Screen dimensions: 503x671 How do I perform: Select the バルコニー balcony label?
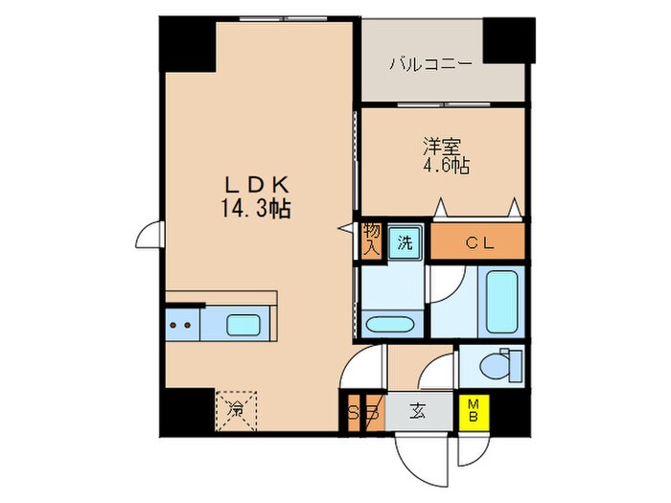430,65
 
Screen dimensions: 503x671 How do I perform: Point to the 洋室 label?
442,147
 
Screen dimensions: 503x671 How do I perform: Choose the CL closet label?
478,243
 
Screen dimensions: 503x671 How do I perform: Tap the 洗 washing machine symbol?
405,242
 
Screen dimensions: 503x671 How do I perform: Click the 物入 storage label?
371,239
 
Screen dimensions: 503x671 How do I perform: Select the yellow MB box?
473,413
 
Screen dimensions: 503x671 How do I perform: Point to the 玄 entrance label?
419,413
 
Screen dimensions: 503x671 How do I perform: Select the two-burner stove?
180,325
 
